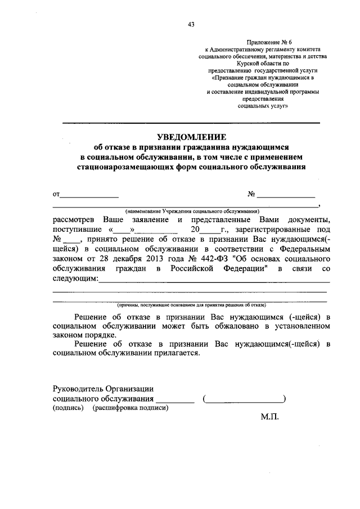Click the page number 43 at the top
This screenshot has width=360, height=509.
[191, 24]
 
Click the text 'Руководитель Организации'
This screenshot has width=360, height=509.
[103, 389]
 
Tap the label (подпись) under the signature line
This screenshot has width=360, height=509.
[68, 408]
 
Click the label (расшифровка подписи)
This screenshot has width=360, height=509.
[130, 408]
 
